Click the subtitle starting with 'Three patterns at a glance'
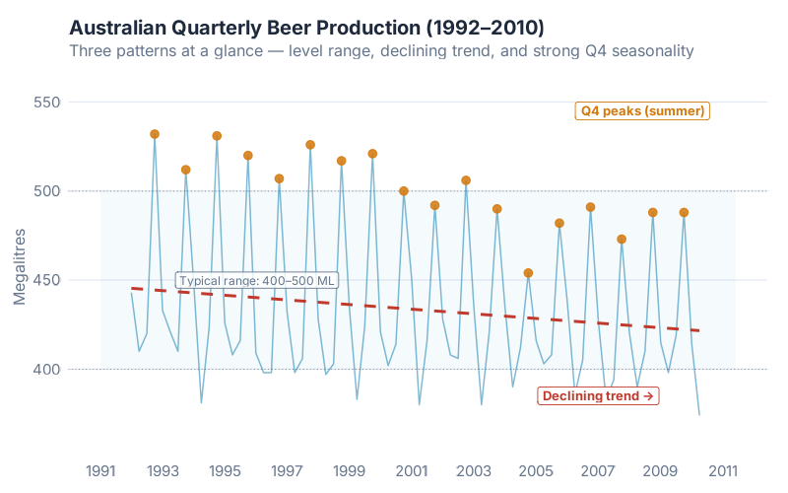point(381,50)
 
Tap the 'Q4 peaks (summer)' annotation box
point(642,111)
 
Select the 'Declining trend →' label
point(598,395)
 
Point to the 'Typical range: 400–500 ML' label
point(256,280)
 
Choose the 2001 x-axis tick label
point(412,469)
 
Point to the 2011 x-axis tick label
point(723,469)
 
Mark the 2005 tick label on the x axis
point(536,469)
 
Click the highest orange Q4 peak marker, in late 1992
point(155,134)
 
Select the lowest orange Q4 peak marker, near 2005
point(528,273)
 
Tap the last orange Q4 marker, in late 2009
point(684,212)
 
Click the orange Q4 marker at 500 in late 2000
point(404,191)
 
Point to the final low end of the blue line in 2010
point(699,414)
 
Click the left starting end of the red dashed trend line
point(133,289)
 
